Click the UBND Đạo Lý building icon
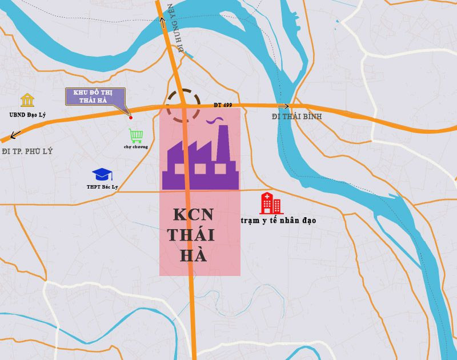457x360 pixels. [27, 101]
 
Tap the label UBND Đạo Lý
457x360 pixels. [27, 115]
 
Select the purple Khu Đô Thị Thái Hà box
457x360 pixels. [95, 97]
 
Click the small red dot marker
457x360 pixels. [131, 117]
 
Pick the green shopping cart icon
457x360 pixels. [136, 135]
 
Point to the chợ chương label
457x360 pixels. [136, 147]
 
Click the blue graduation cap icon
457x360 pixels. [102, 174]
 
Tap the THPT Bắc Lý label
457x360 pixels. [102, 187]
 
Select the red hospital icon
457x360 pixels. [271, 203]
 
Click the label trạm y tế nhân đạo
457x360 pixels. [278, 220]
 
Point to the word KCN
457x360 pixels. [193, 215]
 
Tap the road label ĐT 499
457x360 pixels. [223, 105]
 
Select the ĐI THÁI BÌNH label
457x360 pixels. [297, 117]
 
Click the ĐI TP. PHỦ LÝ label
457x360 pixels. [27, 151]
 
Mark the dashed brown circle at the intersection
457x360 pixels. [183, 105]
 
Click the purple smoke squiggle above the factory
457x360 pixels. [215, 121]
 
